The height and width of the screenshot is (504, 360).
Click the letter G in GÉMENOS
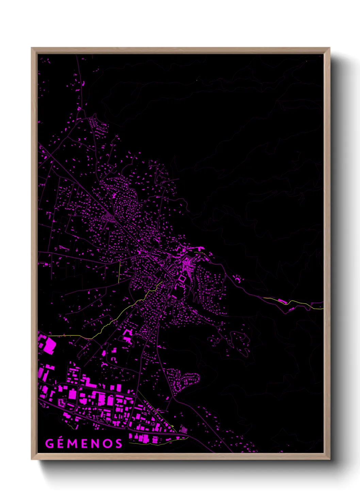point(49,443)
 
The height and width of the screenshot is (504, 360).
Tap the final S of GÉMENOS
point(118,443)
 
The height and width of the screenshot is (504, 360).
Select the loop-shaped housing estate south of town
point(185,380)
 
